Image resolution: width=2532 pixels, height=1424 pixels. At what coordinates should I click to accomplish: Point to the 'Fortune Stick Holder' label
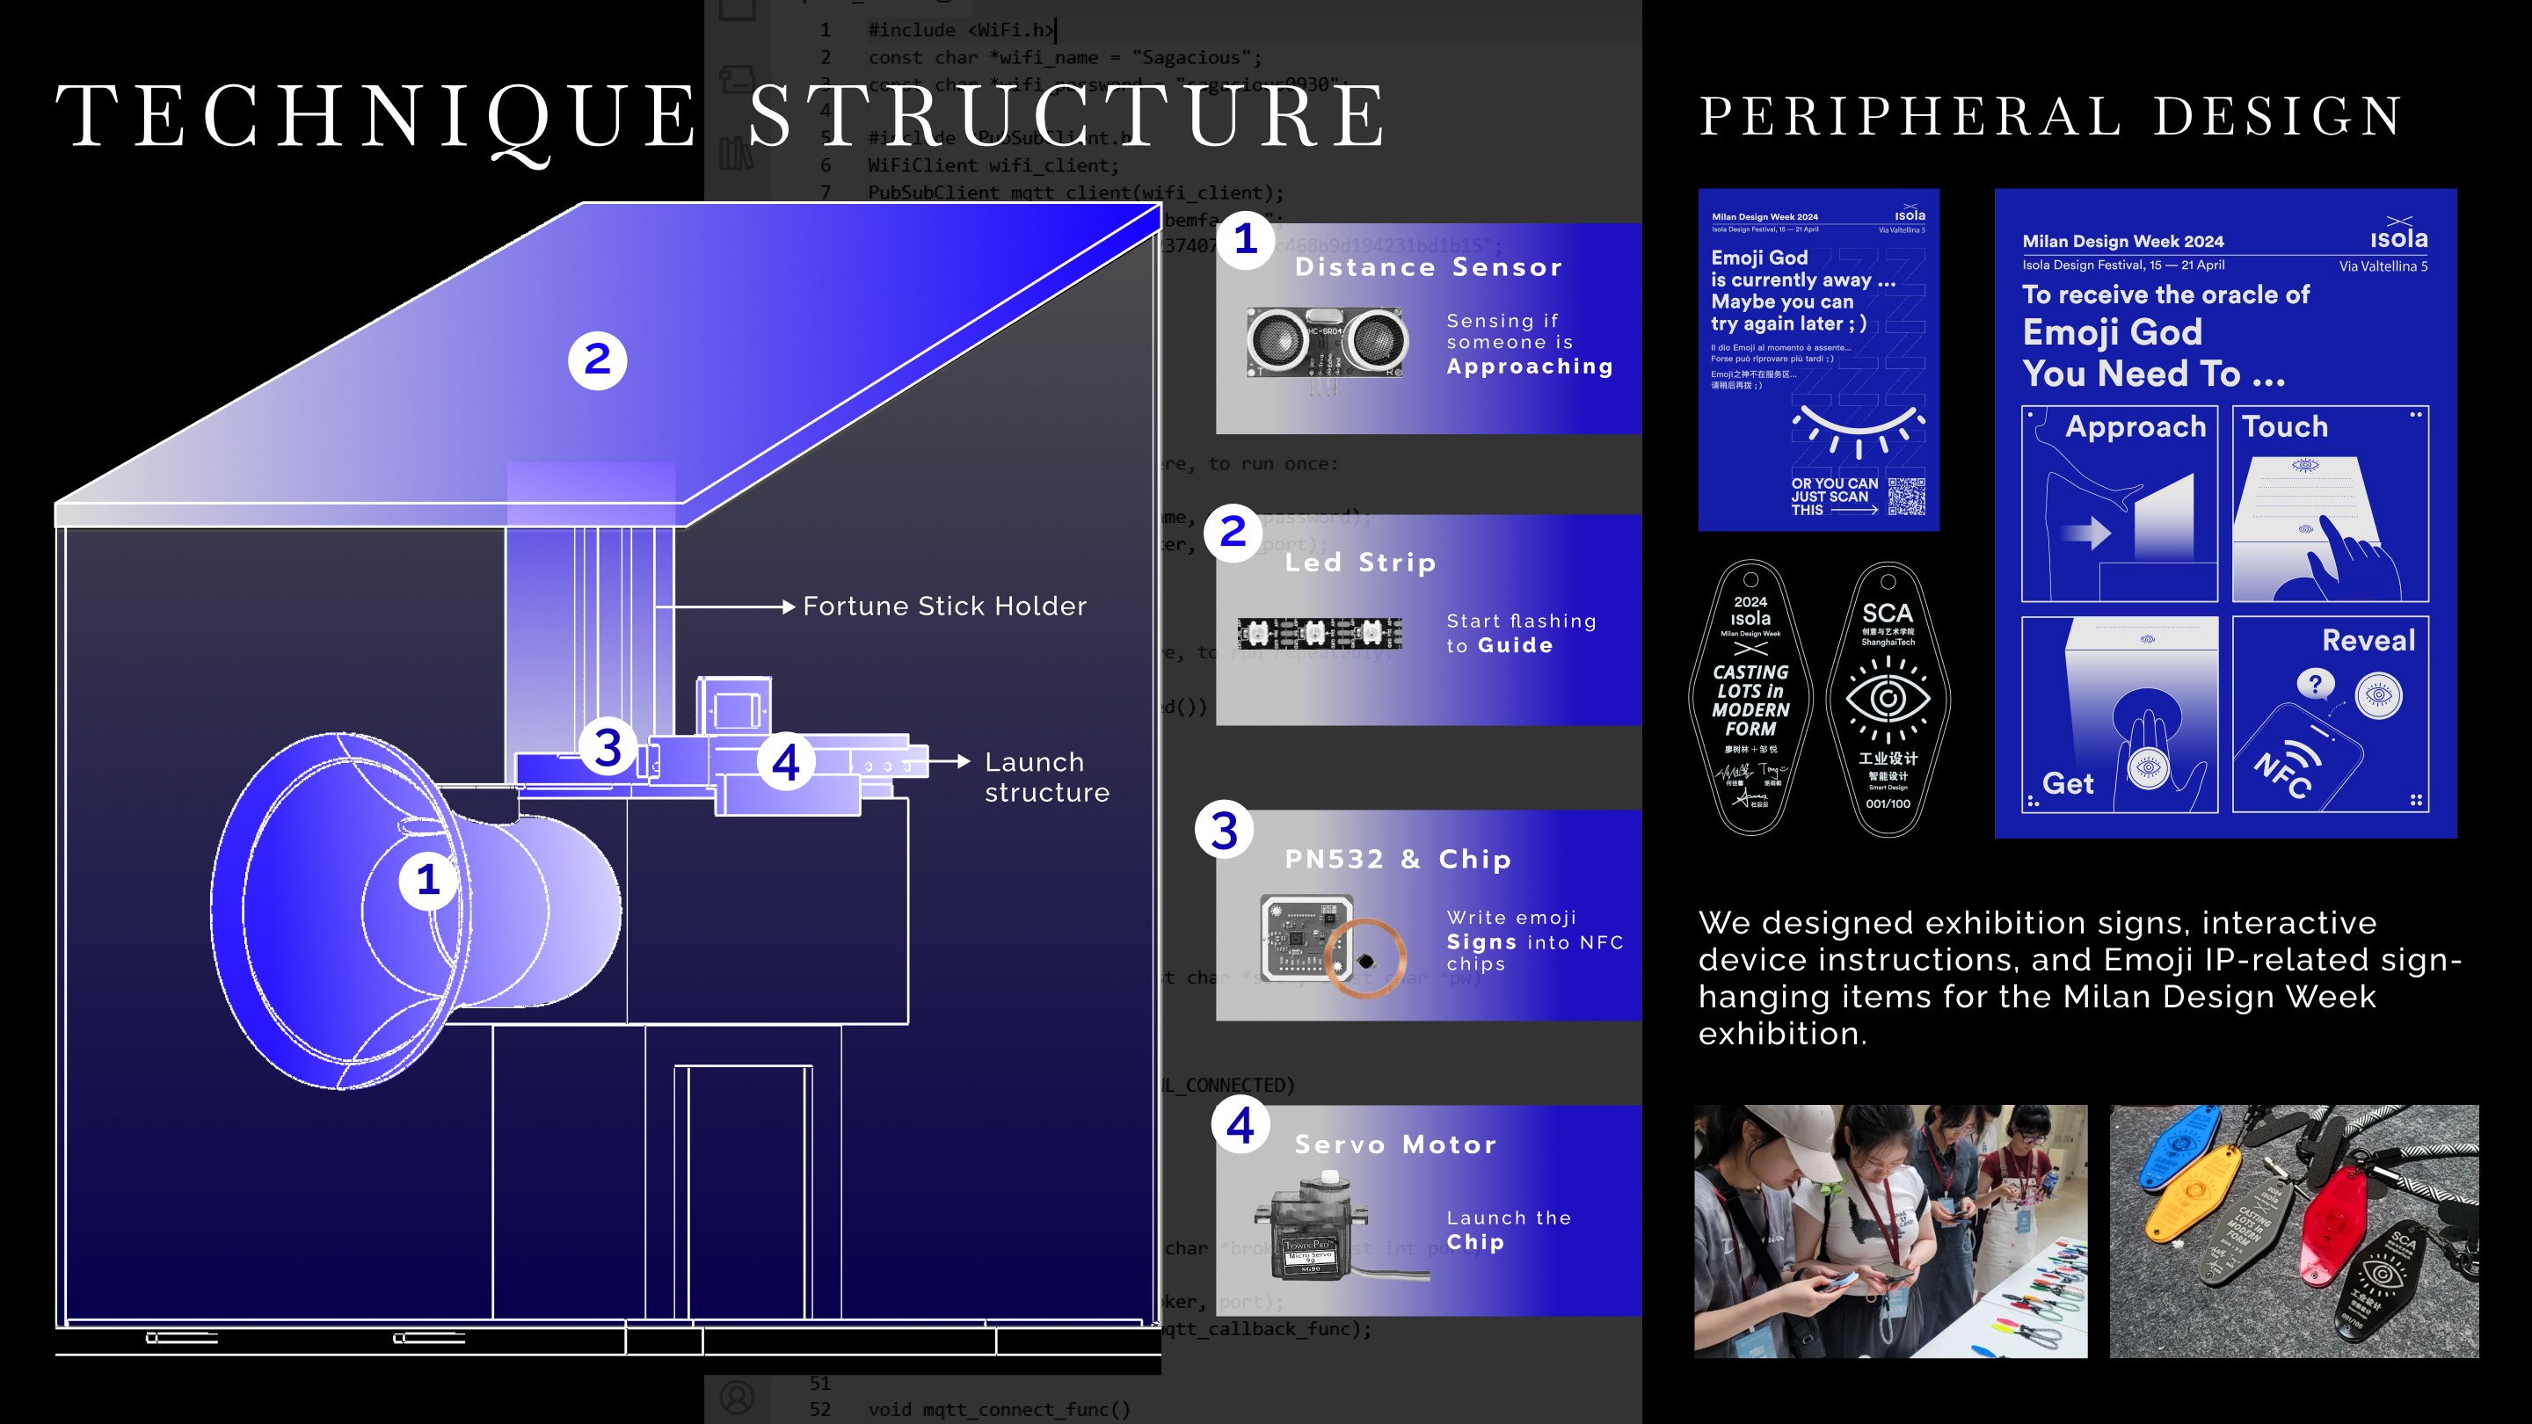click(x=943, y=607)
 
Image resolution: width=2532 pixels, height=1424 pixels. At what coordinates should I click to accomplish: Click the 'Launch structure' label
click(x=1046, y=777)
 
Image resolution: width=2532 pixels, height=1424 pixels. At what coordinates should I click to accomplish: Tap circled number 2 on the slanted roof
click(x=597, y=360)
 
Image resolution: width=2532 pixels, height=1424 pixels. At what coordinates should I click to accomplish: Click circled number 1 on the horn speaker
click(x=426, y=880)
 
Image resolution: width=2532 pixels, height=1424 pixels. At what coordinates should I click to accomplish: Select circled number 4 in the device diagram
click(x=784, y=763)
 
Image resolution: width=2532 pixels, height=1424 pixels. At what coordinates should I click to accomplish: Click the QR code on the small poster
click(x=1906, y=497)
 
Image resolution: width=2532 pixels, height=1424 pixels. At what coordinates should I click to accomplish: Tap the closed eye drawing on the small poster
click(x=1858, y=431)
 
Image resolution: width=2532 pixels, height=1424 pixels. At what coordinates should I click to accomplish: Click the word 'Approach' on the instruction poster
click(x=2135, y=426)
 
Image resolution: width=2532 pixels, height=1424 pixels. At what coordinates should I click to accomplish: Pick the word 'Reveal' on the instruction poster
click(x=2367, y=641)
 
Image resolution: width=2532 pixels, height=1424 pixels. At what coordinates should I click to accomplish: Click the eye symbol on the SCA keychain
click(x=1888, y=698)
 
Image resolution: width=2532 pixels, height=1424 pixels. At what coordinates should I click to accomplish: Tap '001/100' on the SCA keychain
click(x=1888, y=804)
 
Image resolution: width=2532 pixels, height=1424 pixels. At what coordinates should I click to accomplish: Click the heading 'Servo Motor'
click(x=1394, y=1144)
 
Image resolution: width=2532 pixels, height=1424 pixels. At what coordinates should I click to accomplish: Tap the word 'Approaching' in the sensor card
click(x=1530, y=367)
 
